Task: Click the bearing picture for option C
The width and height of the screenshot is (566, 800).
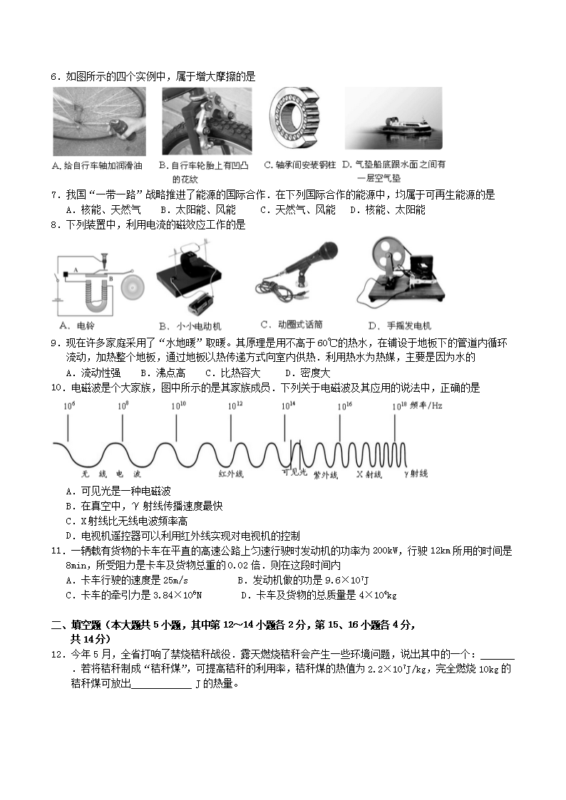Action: [292, 118]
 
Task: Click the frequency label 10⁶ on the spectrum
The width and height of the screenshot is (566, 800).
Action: [69, 405]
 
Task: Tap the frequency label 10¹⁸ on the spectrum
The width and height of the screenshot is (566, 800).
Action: [398, 405]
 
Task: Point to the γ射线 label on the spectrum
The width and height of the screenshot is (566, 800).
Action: [416, 473]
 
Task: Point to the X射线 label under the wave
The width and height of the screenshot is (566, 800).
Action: [369, 474]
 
